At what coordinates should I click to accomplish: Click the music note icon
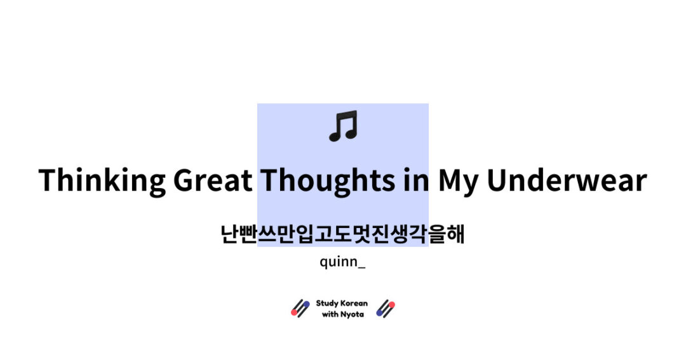coord(343,126)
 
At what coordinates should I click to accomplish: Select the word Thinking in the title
coord(102,180)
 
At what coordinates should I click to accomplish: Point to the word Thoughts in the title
coord(327,180)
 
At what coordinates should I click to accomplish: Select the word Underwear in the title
coord(567,180)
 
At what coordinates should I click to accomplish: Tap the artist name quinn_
coord(342,262)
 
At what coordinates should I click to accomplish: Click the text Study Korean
coord(342,303)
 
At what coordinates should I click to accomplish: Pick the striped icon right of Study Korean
coord(386,309)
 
